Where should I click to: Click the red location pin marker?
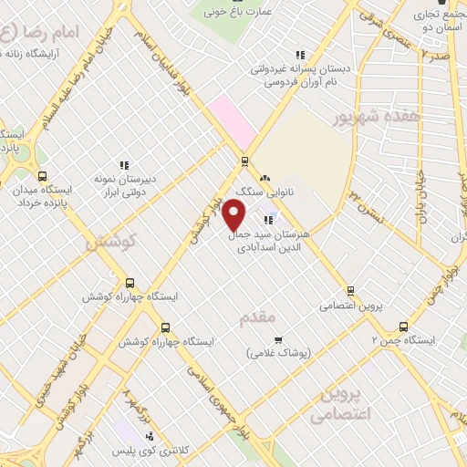click(x=234, y=215)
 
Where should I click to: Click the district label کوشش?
click(x=111, y=243)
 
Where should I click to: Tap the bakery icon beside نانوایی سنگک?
click(x=265, y=178)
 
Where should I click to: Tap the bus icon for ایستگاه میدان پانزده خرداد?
click(x=41, y=177)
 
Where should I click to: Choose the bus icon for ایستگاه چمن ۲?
click(x=404, y=326)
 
